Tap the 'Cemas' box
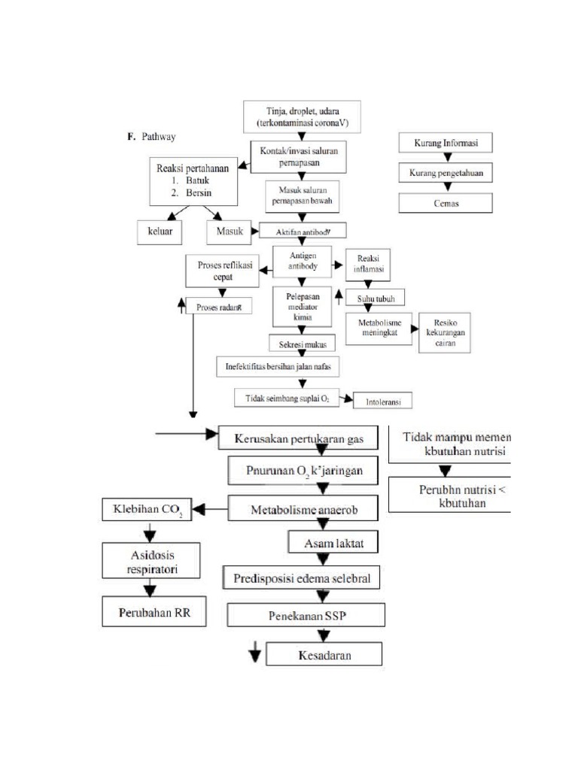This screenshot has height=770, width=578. point(447,203)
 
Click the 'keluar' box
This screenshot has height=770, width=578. point(160,232)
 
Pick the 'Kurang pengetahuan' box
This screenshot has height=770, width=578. point(447,174)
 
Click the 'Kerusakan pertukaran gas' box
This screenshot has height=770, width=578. point(297,437)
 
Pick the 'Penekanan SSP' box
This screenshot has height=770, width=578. point(306,615)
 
